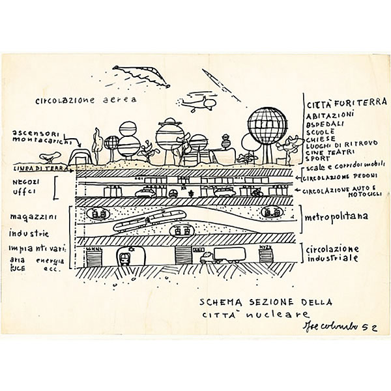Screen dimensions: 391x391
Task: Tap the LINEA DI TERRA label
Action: coord(32,168)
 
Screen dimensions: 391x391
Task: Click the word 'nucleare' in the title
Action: coord(265,316)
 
